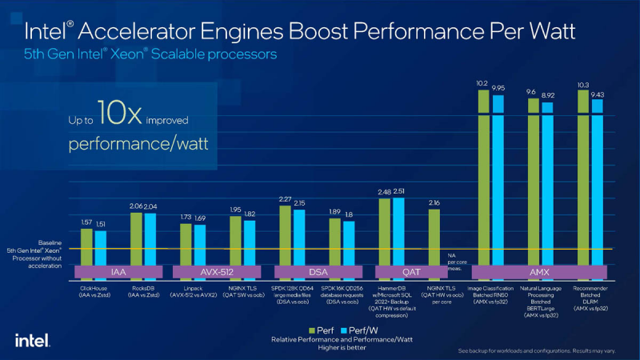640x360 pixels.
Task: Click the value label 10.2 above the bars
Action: (482, 82)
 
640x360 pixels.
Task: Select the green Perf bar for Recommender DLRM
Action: (582, 184)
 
